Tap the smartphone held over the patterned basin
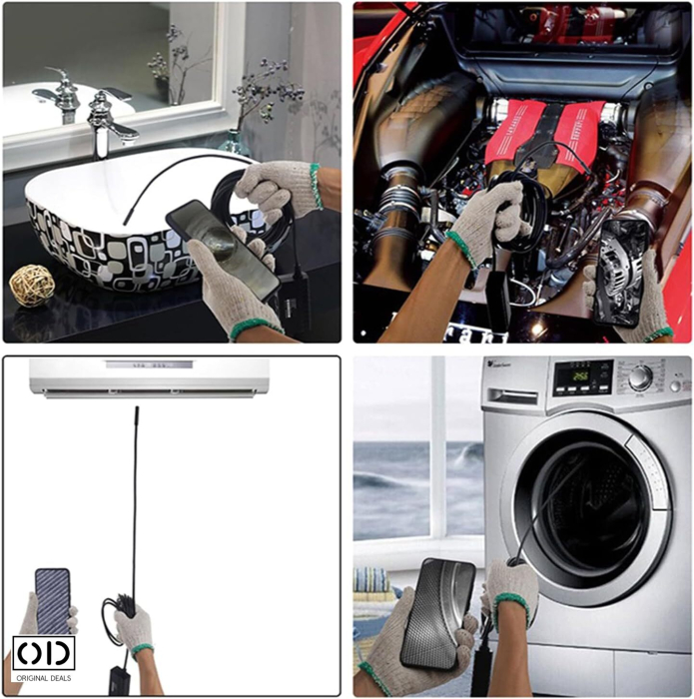pyautogui.click(x=222, y=247)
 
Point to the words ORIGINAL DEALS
pyautogui.click(x=43, y=679)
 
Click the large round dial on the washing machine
pyautogui.click(x=640, y=376)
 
